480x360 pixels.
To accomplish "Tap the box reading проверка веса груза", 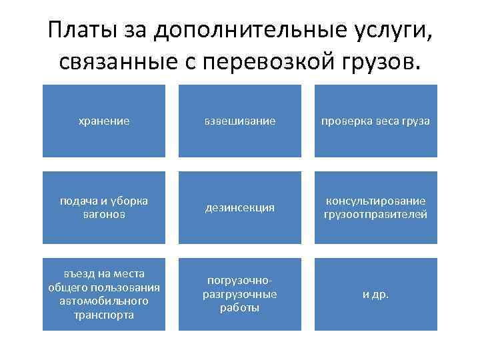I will click(x=375, y=121).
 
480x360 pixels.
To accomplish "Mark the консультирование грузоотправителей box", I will click(x=375, y=207).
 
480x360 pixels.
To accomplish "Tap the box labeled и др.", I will click(x=375, y=294).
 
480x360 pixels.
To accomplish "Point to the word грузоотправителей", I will click(x=375, y=214).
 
